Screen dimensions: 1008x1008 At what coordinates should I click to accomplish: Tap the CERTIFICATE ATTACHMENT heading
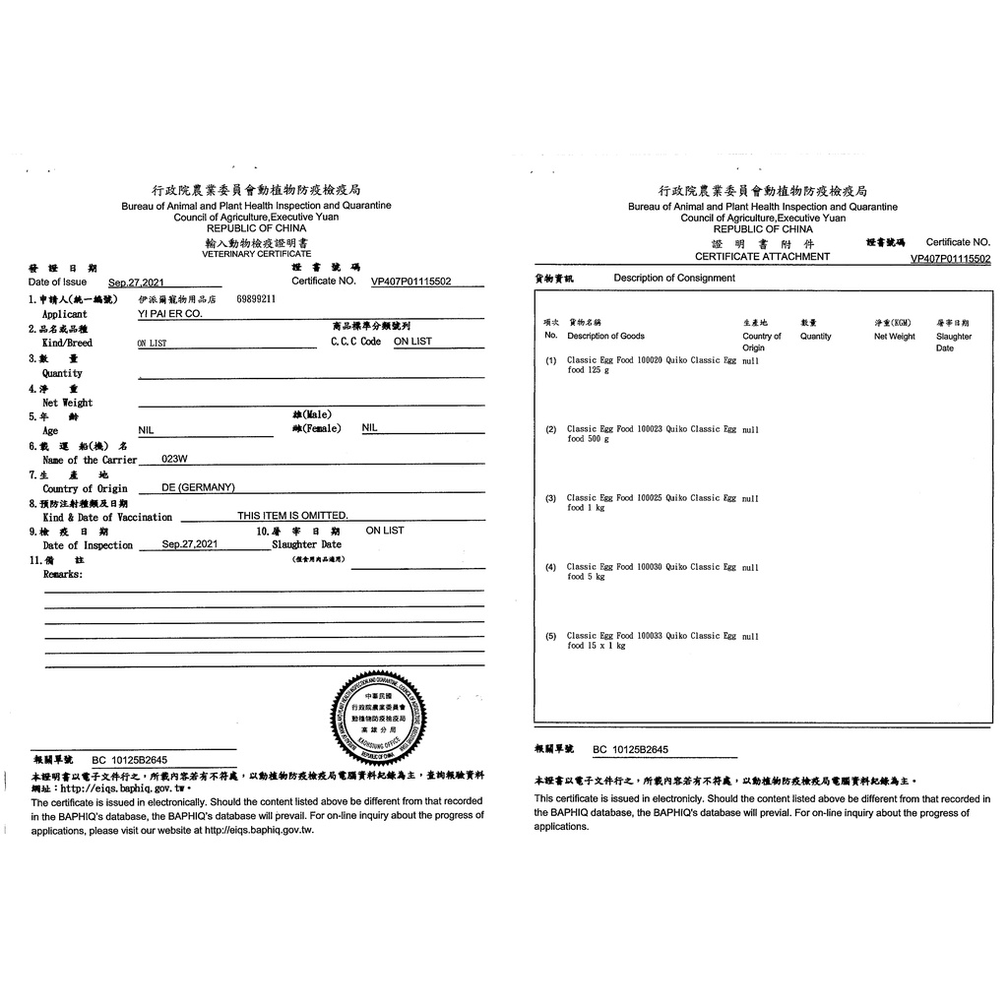[x=762, y=257]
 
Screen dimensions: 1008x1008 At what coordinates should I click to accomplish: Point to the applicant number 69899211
[x=256, y=297]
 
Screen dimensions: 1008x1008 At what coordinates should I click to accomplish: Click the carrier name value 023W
[x=174, y=459]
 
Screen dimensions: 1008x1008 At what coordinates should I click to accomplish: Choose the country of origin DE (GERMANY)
[x=199, y=487]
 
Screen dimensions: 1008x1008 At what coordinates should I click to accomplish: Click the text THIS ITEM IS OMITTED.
[x=292, y=516]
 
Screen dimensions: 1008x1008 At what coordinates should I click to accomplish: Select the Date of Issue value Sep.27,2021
[x=137, y=282]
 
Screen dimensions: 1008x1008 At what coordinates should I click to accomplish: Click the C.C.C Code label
[x=355, y=342]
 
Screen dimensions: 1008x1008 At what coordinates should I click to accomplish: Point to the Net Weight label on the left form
[x=67, y=403]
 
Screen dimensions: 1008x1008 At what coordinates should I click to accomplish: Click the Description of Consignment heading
[x=674, y=279]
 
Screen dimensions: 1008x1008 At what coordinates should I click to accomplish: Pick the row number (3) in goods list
[x=551, y=498]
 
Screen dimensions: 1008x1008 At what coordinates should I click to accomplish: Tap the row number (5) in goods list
[x=551, y=636]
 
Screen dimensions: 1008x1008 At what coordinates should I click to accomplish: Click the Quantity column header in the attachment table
[x=815, y=337]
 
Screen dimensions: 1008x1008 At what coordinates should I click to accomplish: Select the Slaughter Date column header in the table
[x=953, y=342]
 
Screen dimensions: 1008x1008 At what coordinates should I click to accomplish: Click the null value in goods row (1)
[x=750, y=360]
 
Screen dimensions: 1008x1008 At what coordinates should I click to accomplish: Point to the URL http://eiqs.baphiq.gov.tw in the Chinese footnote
[x=121, y=788]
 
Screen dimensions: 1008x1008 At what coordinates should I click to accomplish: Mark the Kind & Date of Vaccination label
[x=107, y=517]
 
